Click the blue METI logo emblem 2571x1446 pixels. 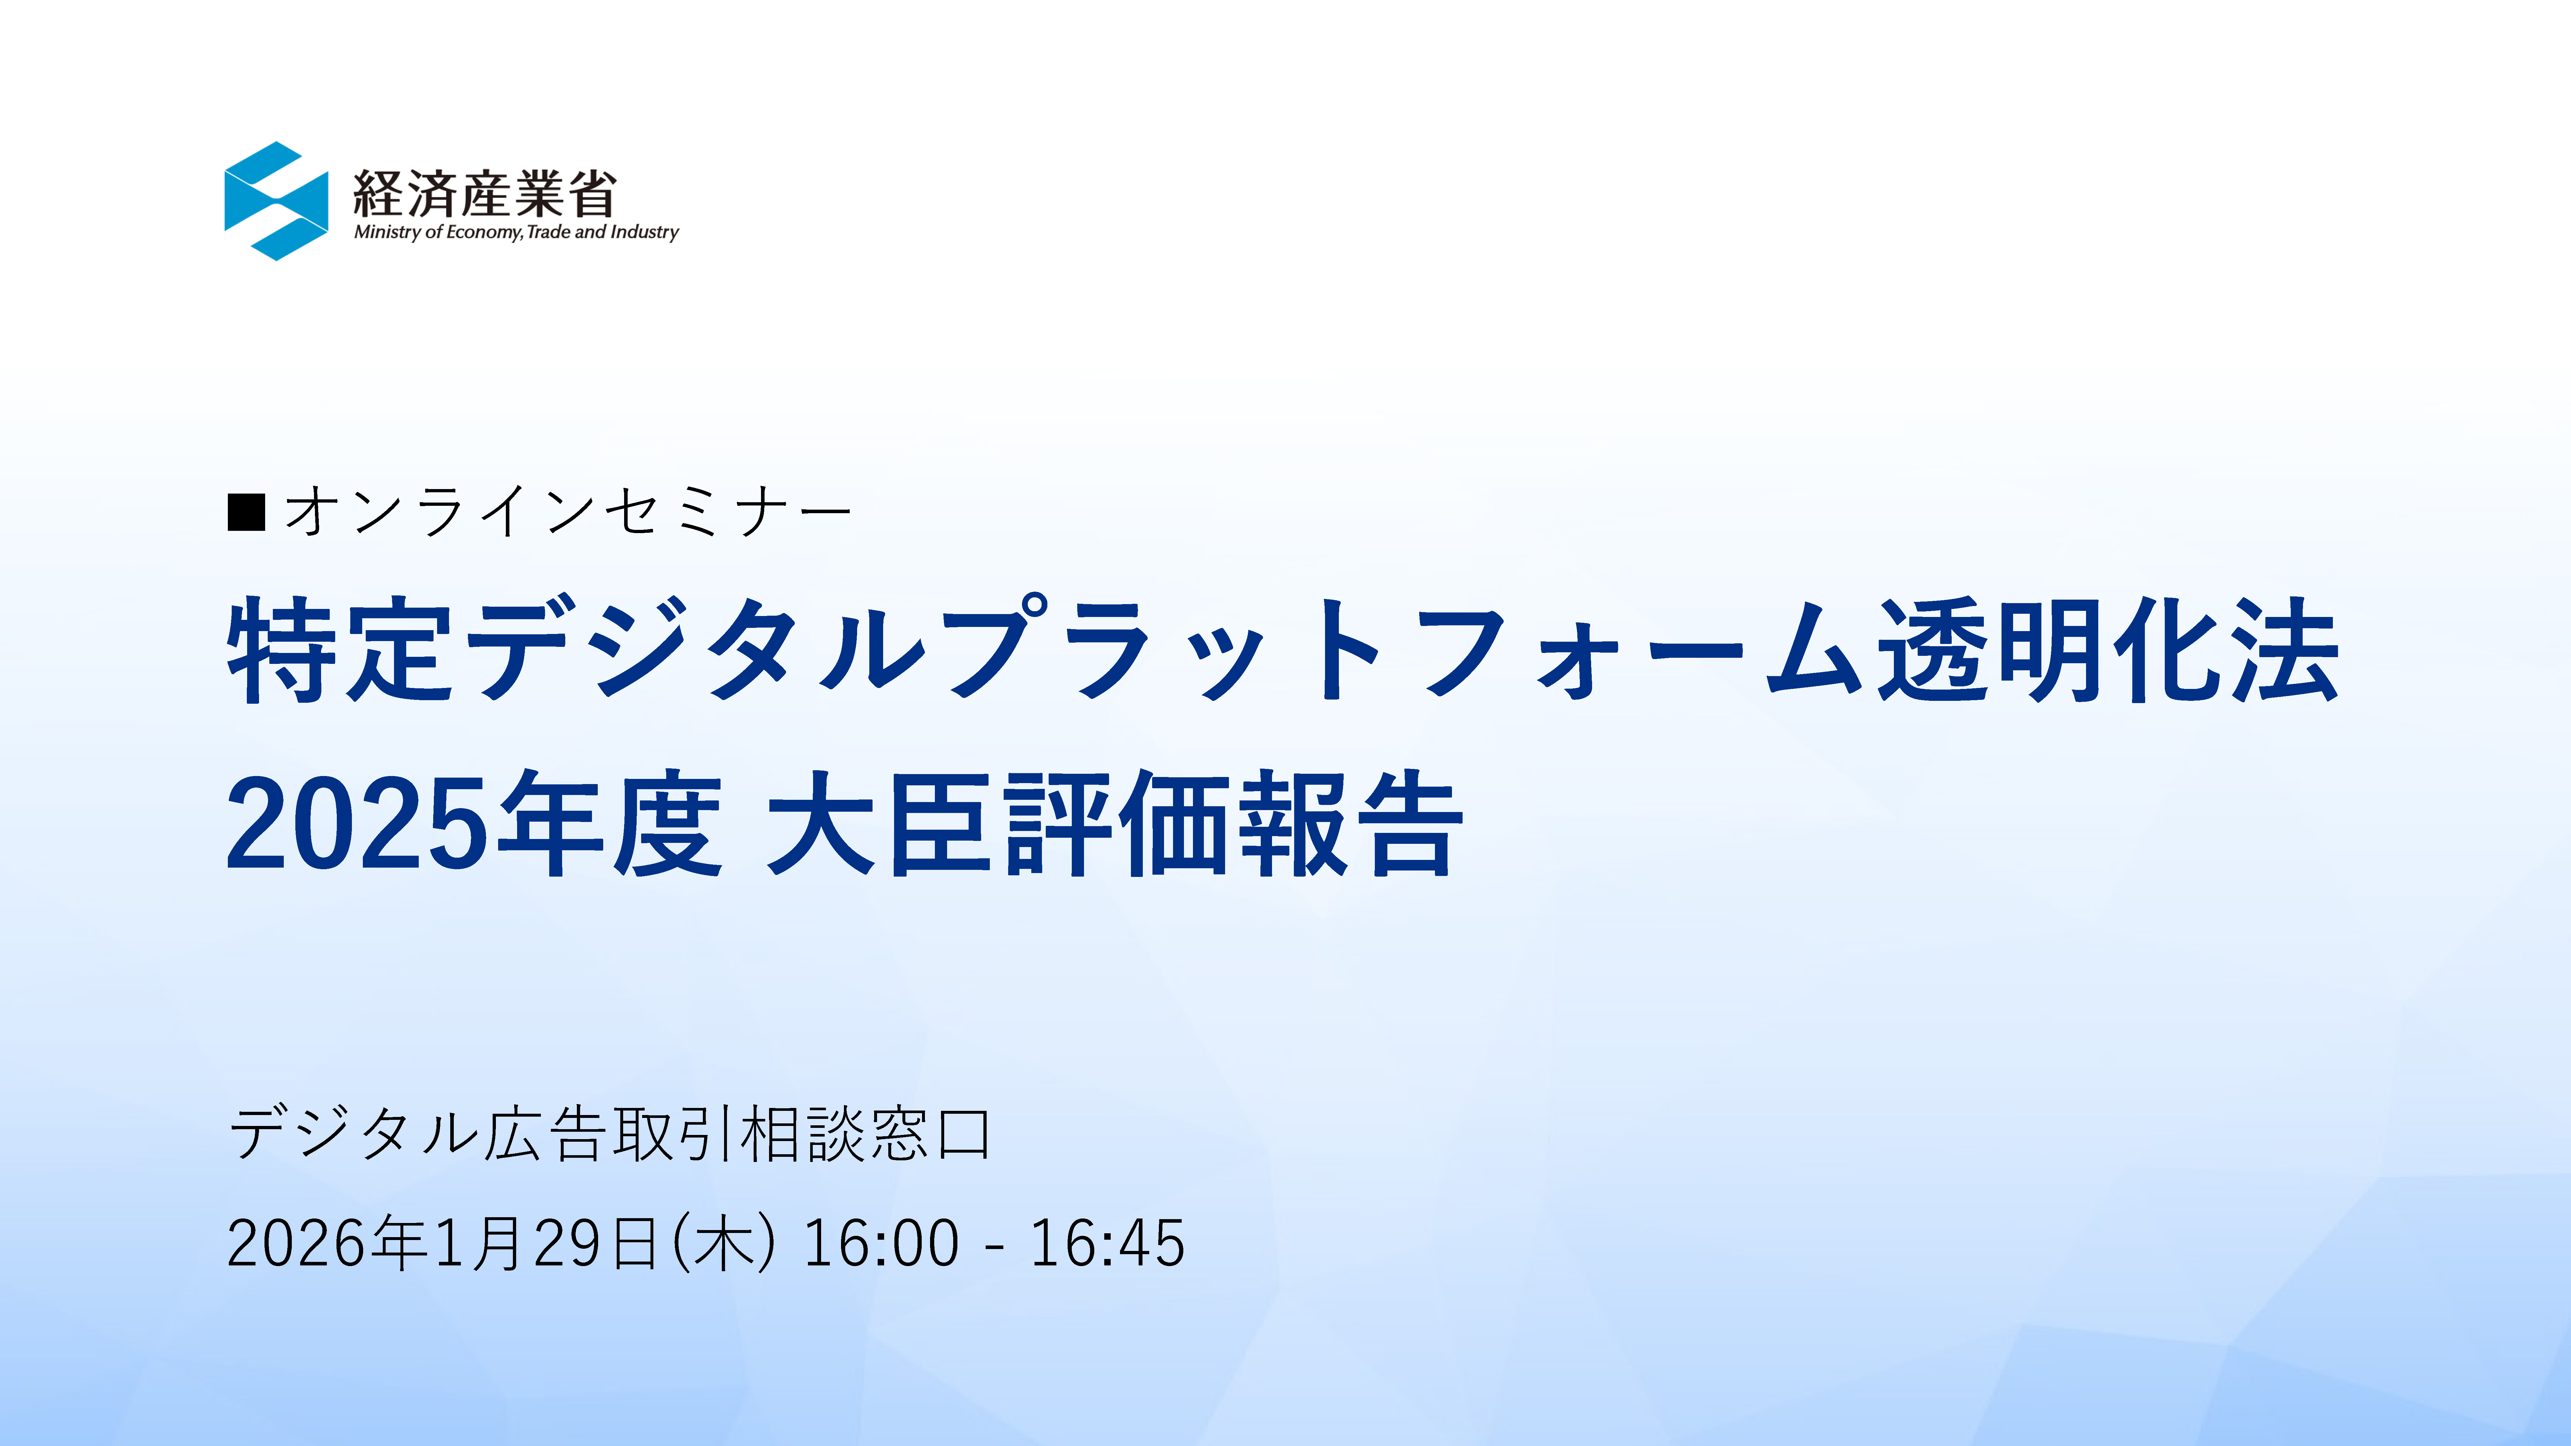[x=276, y=201]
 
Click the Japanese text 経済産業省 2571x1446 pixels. [x=485, y=193]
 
